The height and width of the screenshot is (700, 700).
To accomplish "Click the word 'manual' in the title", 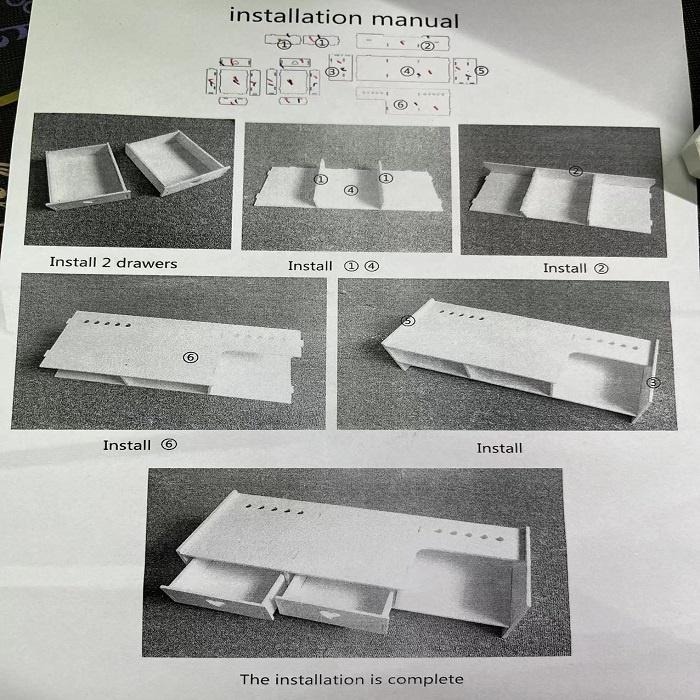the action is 415,20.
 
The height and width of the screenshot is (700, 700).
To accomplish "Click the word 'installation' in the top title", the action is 296,17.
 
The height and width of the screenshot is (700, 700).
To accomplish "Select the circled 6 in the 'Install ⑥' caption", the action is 169,444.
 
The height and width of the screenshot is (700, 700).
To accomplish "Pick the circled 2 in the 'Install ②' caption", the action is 601,268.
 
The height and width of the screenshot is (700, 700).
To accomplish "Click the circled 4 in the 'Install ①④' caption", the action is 372,266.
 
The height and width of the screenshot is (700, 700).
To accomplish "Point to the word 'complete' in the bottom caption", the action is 425,679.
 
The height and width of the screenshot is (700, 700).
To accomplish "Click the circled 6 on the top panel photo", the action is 191,357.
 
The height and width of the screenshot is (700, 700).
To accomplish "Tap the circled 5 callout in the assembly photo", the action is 408,321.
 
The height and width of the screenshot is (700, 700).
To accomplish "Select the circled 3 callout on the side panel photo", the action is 654,383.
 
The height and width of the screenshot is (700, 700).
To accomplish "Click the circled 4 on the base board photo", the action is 351,190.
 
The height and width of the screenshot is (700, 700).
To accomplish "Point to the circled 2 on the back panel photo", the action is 576,171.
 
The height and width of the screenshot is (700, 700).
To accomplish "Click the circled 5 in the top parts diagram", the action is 482,71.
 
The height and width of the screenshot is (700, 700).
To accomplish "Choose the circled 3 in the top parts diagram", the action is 332,71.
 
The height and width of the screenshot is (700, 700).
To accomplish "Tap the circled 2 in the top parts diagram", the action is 427,46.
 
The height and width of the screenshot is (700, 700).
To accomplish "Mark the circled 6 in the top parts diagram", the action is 400,104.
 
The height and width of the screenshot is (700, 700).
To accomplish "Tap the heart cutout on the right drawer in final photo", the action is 330,614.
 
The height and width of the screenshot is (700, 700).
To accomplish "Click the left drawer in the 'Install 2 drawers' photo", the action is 87,176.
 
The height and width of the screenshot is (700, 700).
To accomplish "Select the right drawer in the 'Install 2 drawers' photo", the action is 177,162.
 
